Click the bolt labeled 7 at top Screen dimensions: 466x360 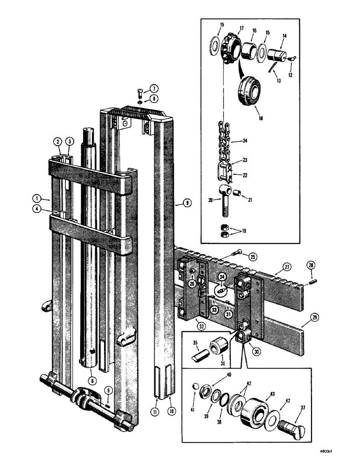[x=141, y=91]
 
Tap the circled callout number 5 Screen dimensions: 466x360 [x=108, y=391]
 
